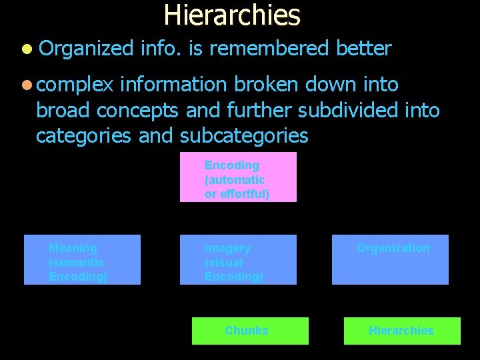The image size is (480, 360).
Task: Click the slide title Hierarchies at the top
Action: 232,15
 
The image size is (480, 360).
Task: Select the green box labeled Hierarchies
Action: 402,331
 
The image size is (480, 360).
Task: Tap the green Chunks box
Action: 250,331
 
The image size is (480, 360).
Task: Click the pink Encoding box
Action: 238,177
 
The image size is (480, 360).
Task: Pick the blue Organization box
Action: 390,259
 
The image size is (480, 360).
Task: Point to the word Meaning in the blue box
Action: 73,248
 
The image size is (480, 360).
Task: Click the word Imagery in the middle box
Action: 227,248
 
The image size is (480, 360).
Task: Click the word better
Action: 363,49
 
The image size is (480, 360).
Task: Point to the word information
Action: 175,85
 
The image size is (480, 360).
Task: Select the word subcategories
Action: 243,135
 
